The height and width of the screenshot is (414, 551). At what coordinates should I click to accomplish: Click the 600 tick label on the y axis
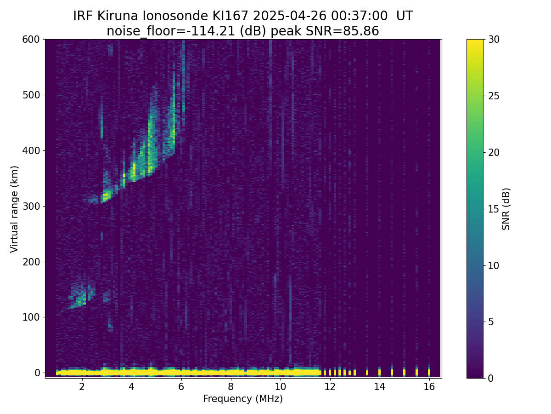coord(31,40)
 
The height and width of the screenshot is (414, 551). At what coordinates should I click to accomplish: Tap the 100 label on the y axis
coord(31,317)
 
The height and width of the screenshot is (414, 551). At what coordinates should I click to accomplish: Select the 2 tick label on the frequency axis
coord(82,386)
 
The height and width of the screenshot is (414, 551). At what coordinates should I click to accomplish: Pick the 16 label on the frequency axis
coord(429,386)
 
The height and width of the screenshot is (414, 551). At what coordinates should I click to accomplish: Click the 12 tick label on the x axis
coord(330,386)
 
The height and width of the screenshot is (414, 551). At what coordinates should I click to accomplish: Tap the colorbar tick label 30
coord(494,40)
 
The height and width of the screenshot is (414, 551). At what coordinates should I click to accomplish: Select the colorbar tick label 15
coord(494,209)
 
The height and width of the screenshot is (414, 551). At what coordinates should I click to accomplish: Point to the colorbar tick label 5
coord(491,322)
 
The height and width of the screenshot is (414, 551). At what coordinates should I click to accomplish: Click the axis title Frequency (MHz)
coord(243,399)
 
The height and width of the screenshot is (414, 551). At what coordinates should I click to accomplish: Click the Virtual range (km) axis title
coord(14,209)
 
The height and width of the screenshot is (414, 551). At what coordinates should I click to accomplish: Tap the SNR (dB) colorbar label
coord(506,209)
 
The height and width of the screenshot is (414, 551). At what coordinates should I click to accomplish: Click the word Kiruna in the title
coord(118,16)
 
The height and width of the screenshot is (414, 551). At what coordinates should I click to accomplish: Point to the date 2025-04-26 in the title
coord(289,16)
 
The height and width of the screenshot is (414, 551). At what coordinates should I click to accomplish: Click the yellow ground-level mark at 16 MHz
coord(429,372)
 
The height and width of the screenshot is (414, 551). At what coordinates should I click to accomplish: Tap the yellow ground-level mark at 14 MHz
coord(380,372)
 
